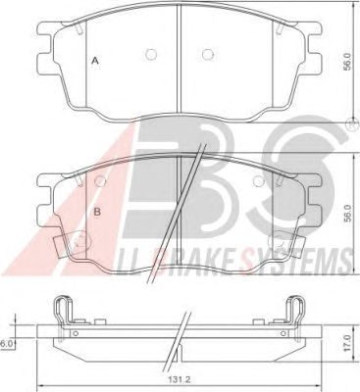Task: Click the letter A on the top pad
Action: pos(95,61)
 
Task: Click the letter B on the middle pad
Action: pos(97,212)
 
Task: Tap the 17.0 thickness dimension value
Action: pos(348,343)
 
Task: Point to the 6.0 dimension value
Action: pos(6,343)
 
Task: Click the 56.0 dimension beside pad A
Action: pos(347,62)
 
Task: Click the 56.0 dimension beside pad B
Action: pos(347,214)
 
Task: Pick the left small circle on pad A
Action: pos(151,54)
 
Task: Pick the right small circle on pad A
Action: pos(208,54)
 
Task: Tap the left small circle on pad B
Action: pos(100,181)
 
